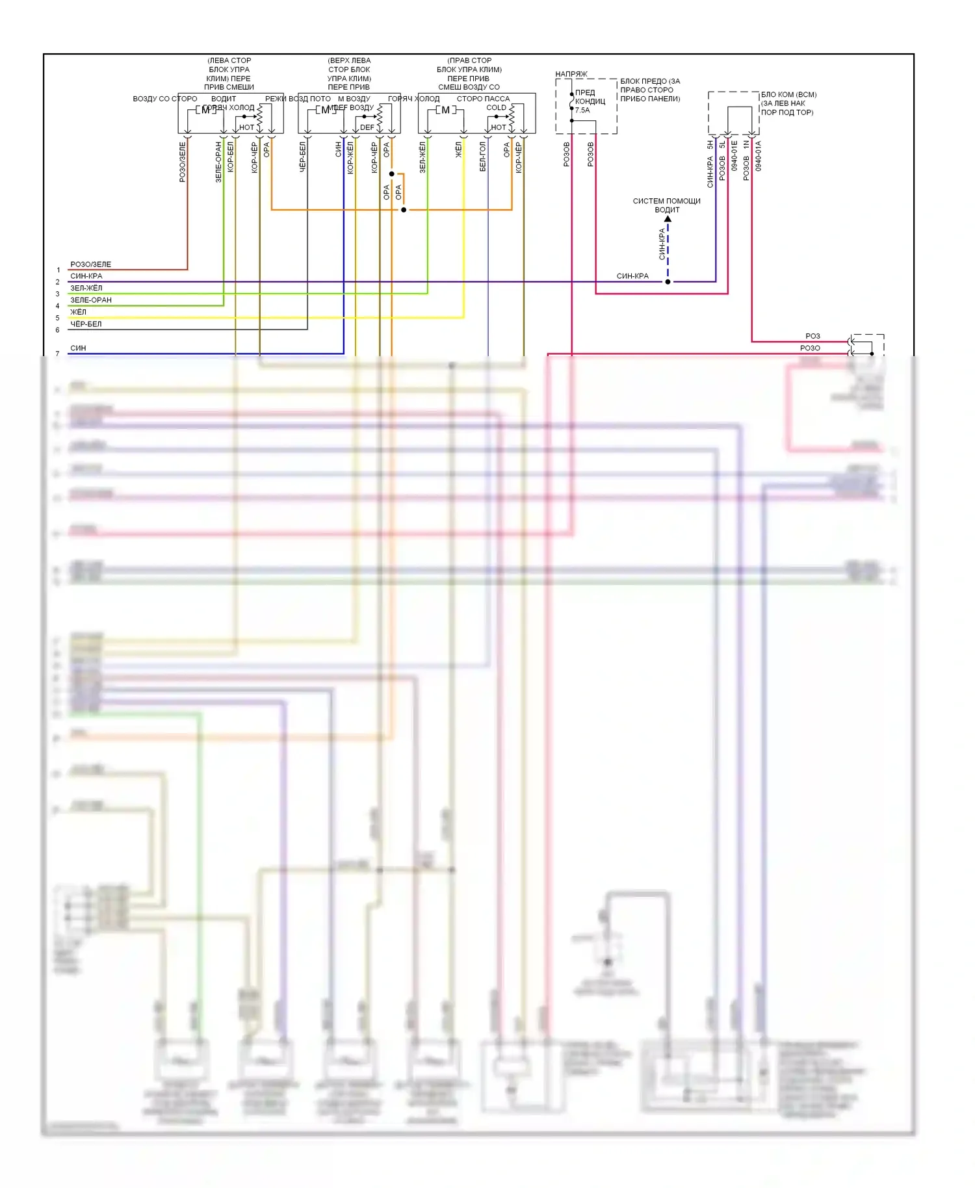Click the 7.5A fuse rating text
pos(582,110)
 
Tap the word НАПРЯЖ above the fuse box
pos(571,74)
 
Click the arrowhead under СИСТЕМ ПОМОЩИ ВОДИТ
pos(668,219)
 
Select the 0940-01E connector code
pos(734,156)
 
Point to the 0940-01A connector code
pos(759,156)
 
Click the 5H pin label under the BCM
pos(710,145)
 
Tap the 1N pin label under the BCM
pos(746,145)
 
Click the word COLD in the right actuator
pos(496,108)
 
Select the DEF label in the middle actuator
pos(367,127)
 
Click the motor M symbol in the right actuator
pos(445,110)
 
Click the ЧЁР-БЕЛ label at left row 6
pos(86,324)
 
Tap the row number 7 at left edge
pos(57,354)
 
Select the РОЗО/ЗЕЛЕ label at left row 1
pos(90,265)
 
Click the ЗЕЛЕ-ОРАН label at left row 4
pos(91,300)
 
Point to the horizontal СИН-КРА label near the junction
pos(632,276)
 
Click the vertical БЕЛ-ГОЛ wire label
pos(483,157)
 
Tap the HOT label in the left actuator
pos(246,127)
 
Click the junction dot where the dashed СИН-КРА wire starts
pos(668,282)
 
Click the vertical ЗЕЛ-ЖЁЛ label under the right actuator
pos(422,157)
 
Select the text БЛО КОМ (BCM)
pos(788,95)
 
